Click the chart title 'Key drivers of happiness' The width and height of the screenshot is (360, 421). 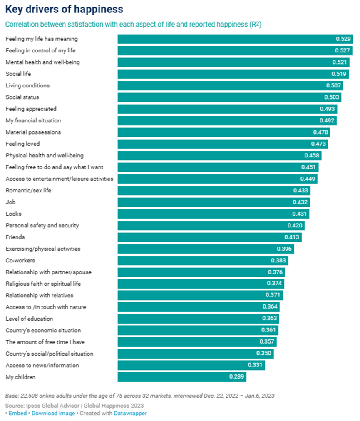tap(65, 10)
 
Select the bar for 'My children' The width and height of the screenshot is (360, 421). tap(182, 377)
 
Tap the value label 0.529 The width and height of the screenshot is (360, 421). tap(343, 39)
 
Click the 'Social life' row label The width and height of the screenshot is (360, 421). tap(18, 74)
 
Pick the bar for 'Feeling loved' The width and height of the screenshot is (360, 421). tap(223, 144)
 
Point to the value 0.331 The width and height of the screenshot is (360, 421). tap(255, 365)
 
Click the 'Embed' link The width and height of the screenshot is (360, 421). tap(18, 413)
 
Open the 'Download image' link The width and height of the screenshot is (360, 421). tap(53, 413)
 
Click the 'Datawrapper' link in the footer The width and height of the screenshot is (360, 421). tap(130, 413)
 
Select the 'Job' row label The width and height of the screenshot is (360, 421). tap(10, 202)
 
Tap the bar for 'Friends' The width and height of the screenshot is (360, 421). tap(209, 237)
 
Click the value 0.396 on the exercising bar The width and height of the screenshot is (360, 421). tap(284, 249)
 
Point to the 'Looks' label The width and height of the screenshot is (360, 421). tap(13, 214)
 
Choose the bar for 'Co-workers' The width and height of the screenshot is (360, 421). tap(203, 260)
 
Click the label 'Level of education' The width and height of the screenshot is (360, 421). tap(29, 319)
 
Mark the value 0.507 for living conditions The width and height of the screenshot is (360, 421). tap(333, 86)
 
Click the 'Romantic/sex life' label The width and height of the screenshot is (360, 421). tap(28, 190)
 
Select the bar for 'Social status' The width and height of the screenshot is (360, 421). tap(229, 97)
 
